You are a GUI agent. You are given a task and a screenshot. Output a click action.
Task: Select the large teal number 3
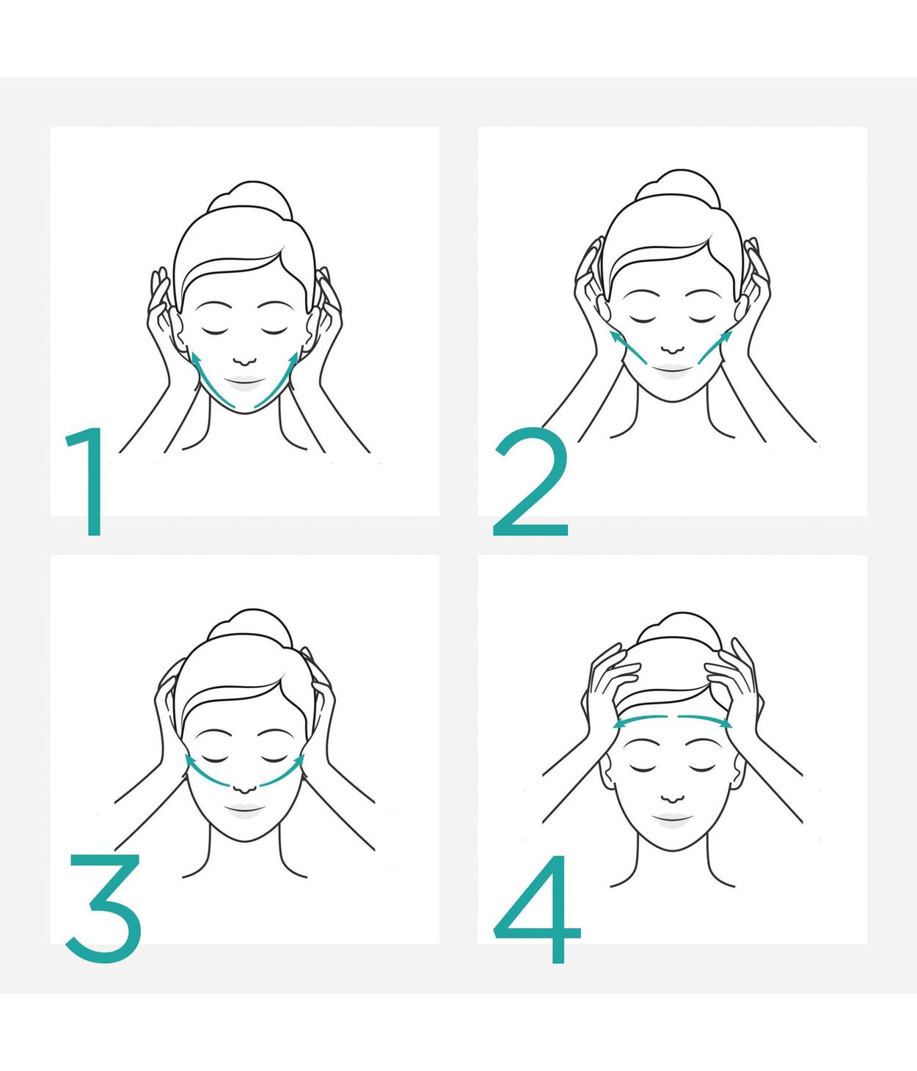104,907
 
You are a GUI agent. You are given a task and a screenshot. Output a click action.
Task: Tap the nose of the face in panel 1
244,360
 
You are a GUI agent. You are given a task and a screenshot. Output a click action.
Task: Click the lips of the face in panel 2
673,369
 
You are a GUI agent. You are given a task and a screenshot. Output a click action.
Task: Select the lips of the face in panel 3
244,810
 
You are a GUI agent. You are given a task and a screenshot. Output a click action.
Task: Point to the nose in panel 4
671,798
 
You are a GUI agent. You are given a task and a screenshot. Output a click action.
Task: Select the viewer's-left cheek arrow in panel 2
628,347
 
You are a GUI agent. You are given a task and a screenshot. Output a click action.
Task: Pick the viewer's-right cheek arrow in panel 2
715,347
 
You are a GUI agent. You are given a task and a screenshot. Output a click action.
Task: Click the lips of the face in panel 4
672,819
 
